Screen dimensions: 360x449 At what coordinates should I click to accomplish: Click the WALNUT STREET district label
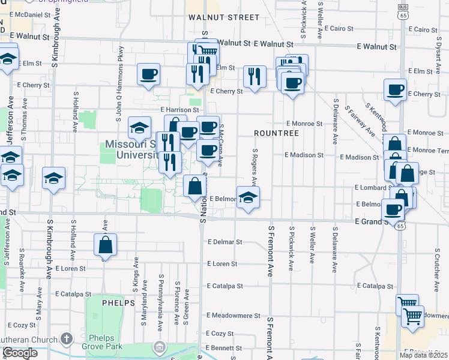pos(223,17)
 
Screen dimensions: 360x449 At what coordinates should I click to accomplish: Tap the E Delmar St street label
pos(224,242)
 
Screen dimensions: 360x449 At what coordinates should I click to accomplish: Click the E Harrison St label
pos(179,110)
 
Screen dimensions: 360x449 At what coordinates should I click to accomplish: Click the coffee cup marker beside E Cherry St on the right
pos(395,91)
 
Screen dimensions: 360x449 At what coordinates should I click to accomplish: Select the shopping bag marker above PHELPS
pos(106,245)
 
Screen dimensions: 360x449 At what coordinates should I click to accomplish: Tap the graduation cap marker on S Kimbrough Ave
pos(53,179)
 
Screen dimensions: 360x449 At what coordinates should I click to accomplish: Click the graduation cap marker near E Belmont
pos(247,198)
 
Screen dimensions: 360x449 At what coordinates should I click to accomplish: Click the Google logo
pos(20,353)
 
